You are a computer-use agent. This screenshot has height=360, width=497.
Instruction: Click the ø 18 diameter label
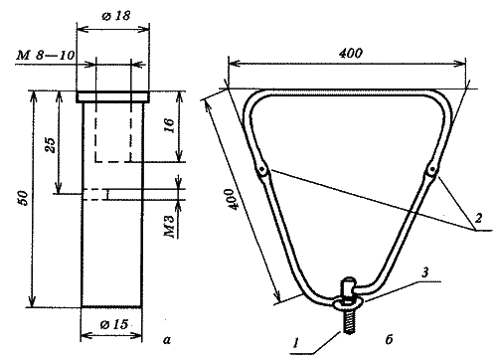pyautogui.click(x=116, y=16)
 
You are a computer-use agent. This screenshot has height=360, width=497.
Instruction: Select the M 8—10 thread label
pyautogui.click(x=46, y=55)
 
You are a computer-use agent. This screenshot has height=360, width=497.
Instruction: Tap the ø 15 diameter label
pyautogui.click(x=114, y=324)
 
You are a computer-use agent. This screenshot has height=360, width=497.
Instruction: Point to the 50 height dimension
pyautogui.click(x=24, y=198)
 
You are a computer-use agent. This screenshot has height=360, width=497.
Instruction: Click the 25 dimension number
pyautogui.click(x=51, y=144)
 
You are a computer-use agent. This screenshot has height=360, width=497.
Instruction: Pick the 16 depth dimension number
pyautogui.click(x=169, y=125)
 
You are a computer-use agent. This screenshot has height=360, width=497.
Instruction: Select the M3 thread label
pyautogui.click(x=169, y=227)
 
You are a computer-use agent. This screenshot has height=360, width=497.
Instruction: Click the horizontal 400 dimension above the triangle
pyautogui.click(x=351, y=53)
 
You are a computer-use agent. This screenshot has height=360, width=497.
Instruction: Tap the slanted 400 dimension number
pyautogui.click(x=231, y=199)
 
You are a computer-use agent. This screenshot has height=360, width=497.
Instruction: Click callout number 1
pyautogui.click(x=296, y=343)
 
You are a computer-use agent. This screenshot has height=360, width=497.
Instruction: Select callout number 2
pyautogui.click(x=478, y=218)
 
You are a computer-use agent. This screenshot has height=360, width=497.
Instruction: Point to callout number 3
pyautogui.click(x=424, y=272)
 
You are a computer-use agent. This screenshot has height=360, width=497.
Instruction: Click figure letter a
pyautogui.click(x=167, y=340)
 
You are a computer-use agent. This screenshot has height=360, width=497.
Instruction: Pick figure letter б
pyautogui.click(x=389, y=339)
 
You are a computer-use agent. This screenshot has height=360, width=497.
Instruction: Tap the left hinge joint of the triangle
pyautogui.click(x=262, y=170)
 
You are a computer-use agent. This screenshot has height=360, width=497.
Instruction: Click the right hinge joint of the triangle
pyautogui.click(x=431, y=170)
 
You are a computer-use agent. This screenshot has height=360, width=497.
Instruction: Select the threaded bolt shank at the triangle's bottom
pyautogui.click(x=348, y=321)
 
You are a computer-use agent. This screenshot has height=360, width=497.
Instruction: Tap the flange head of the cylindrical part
pyautogui.click(x=113, y=96)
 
